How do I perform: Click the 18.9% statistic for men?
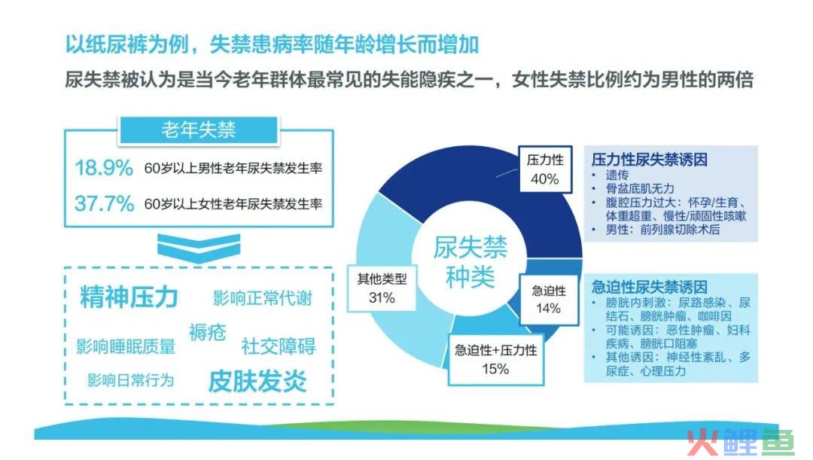(104, 168)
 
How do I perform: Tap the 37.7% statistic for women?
(104, 203)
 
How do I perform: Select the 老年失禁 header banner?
(199, 129)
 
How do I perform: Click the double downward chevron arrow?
(199, 248)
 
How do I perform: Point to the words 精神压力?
(129, 297)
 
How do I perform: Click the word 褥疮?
(208, 332)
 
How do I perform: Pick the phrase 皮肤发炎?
(257, 382)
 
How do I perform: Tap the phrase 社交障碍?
(279, 346)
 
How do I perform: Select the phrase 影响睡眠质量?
(126, 346)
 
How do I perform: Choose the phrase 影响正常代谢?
(263, 298)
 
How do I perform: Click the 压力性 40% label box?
(546, 169)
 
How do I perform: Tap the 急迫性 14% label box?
(549, 299)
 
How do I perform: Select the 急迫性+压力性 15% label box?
(495, 359)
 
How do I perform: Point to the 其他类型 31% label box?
(382, 288)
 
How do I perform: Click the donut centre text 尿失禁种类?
(470, 261)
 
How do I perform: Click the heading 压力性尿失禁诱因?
(650, 159)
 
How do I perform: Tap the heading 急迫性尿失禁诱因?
(650, 287)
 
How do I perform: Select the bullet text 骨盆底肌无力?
(641, 188)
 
